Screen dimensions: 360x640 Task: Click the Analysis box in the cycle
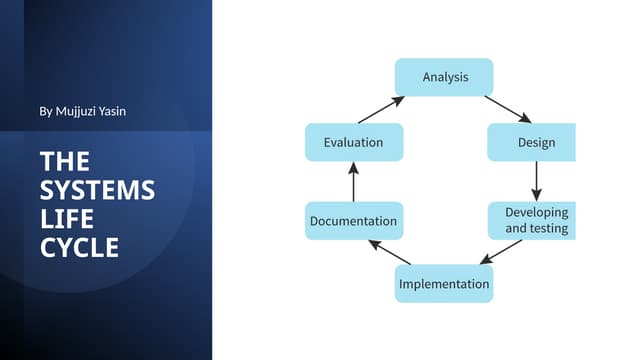[x=445, y=77]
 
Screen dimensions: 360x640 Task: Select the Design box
[x=532, y=142]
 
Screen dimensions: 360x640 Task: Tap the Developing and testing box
[x=532, y=220]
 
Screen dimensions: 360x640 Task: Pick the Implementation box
[x=444, y=284]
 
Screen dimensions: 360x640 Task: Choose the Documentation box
[x=353, y=221]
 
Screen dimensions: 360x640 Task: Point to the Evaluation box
[x=353, y=142]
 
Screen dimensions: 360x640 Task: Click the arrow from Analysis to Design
[x=507, y=108]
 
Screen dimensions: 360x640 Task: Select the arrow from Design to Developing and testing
[x=536, y=181]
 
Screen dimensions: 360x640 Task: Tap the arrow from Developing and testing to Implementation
[x=501, y=252]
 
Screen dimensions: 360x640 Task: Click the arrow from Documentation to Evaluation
[x=352, y=181]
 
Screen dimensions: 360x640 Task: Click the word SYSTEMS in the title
[x=97, y=190]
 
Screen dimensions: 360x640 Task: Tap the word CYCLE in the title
[x=79, y=248]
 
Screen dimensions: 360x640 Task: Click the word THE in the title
[x=64, y=161]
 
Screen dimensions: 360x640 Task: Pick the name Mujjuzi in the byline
[x=76, y=111]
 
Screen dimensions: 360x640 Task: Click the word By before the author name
[x=45, y=111]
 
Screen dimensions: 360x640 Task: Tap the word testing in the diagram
[x=548, y=228]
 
